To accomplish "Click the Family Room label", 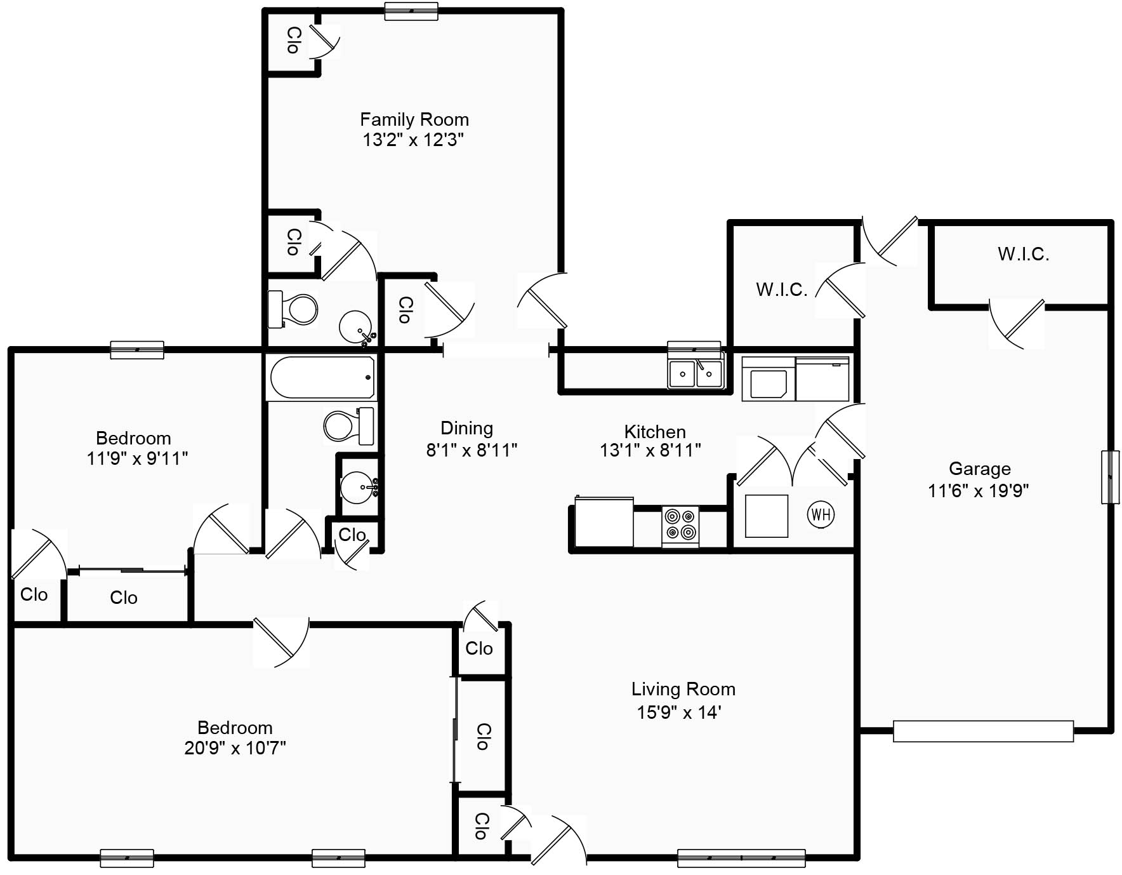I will tap(414, 119).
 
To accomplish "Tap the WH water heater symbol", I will tap(821, 514).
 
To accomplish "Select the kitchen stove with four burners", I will tap(680, 525).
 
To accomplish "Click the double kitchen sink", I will tap(696, 373).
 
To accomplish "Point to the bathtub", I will tap(322, 377).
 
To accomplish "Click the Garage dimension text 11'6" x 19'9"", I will tap(978, 491).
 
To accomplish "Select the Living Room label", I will tap(683, 690).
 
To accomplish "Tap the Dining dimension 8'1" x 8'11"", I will tap(472, 450).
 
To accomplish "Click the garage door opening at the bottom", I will tap(982, 731).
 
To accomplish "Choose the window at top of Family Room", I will tap(411, 11).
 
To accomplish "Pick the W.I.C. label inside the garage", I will tap(1023, 255).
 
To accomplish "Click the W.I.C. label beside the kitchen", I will tap(781, 290).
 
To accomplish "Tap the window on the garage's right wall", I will tap(1109, 477).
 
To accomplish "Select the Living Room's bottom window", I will tap(741, 858).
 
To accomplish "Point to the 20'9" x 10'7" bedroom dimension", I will tap(235, 748).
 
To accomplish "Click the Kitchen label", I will tap(655, 432).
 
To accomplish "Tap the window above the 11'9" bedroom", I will tap(137, 350).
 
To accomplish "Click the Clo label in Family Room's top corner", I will tap(293, 40).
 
